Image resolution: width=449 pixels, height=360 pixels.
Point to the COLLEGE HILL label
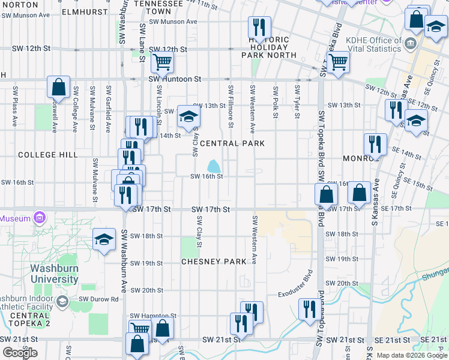tap(48, 155)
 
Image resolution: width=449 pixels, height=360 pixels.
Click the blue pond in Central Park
tap(213, 166)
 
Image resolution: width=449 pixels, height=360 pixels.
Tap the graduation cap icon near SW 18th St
tap(104, 239)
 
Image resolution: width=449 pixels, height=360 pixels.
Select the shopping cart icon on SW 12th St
tap(161, 60)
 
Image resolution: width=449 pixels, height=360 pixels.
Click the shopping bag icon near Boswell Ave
tap(59, 86)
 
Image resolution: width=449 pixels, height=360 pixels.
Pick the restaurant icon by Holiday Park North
tap(259, 26)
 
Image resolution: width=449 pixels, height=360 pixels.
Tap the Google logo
tap(20, 353)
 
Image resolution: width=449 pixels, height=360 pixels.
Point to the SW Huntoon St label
tap(175, 79)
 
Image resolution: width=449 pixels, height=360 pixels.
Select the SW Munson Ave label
tap(173, 22)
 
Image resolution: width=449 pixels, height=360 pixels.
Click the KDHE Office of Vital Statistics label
tap(373, 45)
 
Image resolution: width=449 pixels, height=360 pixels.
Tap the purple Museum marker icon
tap(40, 217)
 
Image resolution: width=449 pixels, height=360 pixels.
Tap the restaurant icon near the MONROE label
tap(374, 144)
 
